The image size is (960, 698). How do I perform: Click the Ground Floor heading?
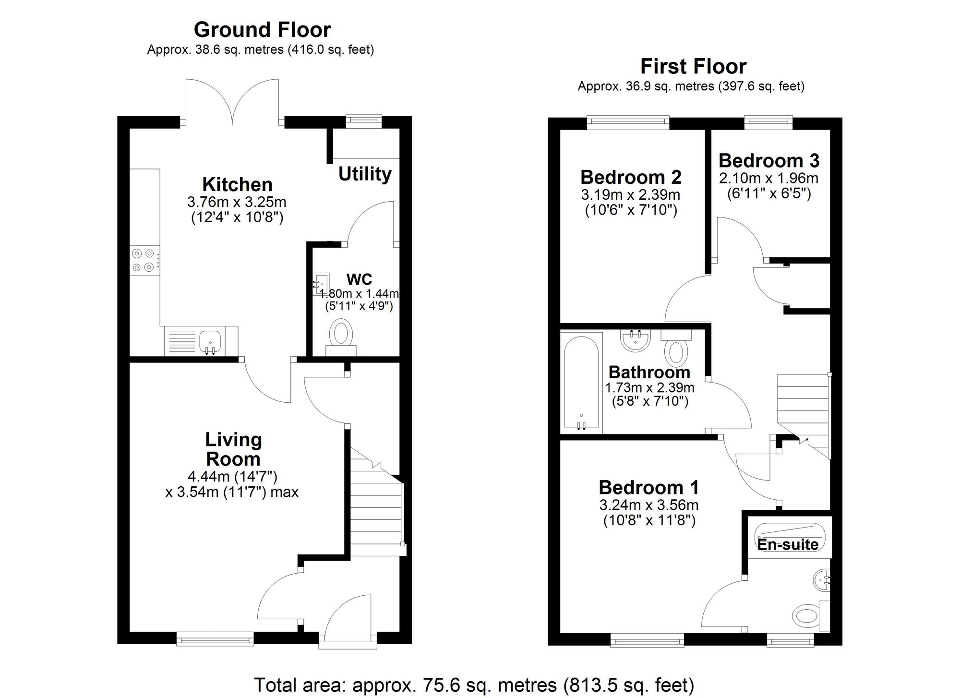[262, 30]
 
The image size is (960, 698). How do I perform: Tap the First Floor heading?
[693, 66]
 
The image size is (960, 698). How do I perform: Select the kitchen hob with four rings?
[144, 260]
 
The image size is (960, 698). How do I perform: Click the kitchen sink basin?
[210, 341]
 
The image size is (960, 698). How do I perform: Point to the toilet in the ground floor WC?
[341, 335]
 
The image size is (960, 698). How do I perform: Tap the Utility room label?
[365, 174]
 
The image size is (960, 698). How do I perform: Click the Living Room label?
[233, 449]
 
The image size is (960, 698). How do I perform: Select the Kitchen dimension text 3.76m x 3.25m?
[237, 202]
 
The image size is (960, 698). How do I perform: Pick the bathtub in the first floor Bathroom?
[581, 382]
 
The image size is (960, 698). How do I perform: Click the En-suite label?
[788, 544]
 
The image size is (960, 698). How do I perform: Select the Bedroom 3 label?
[769, 160]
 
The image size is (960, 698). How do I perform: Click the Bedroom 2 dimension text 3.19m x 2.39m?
[630, 195]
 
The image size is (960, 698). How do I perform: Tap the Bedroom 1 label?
[648, 487]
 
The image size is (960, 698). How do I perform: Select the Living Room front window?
[215, 638]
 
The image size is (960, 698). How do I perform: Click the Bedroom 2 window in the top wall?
[628, 123]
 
